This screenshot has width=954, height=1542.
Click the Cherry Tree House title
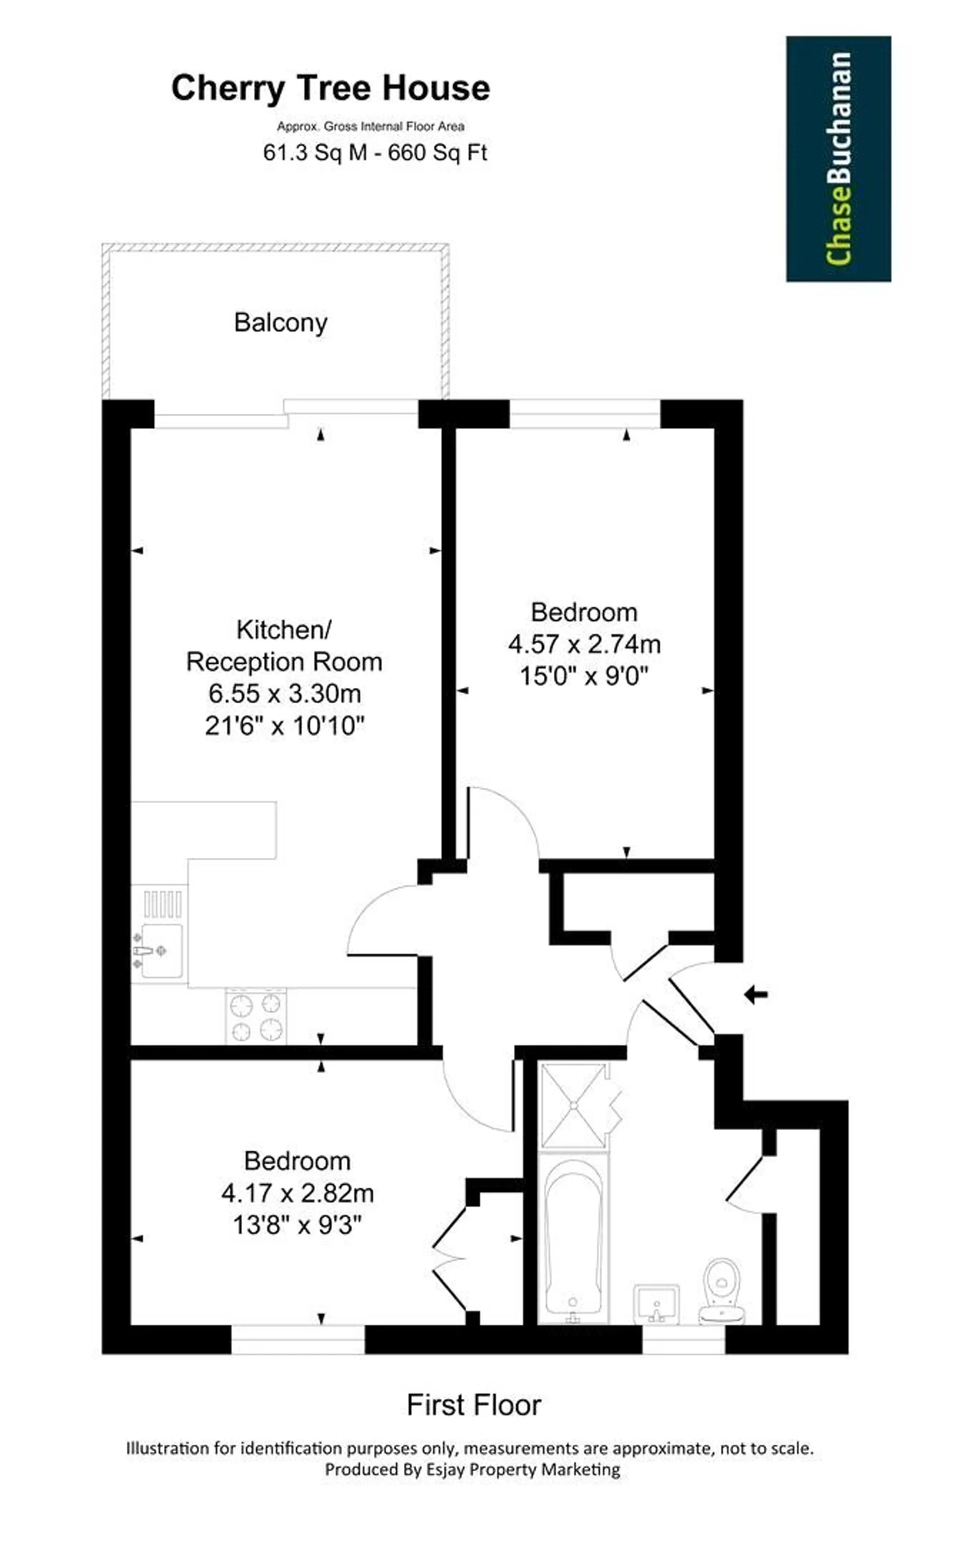[x=331, y=88]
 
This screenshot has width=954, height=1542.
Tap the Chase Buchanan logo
[x=839, y=159]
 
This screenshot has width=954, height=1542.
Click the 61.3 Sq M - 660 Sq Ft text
[x=375, y=153]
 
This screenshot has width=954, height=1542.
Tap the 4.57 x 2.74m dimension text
[x=584, y=644]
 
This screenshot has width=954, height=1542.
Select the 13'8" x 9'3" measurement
[x=297, y=1226]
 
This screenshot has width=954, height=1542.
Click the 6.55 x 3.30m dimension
[x=284, y=694]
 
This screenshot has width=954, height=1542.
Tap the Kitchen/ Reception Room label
[x=284, y=646]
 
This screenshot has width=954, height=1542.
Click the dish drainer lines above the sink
[x=163, y=904]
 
